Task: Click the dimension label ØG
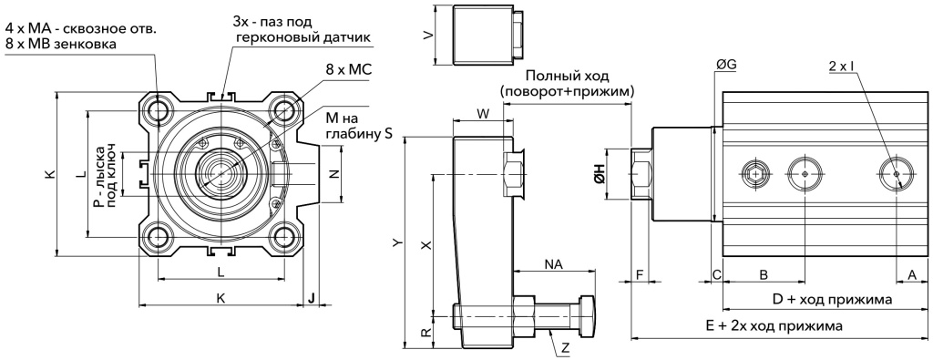click(x=727, y=65)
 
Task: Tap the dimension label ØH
click(x=600, y=173)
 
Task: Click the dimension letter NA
click(x=553, y=263)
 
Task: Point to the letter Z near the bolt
click(x=566, y=347)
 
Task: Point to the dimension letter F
click(x=640, y=273)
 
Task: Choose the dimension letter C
click(x=716, y=273)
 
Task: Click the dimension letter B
click(x=764, y=273)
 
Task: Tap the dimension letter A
click(x=910, y=273)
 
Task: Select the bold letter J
click(x=312, y=297)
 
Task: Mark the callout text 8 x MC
click(x=335, y=68)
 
